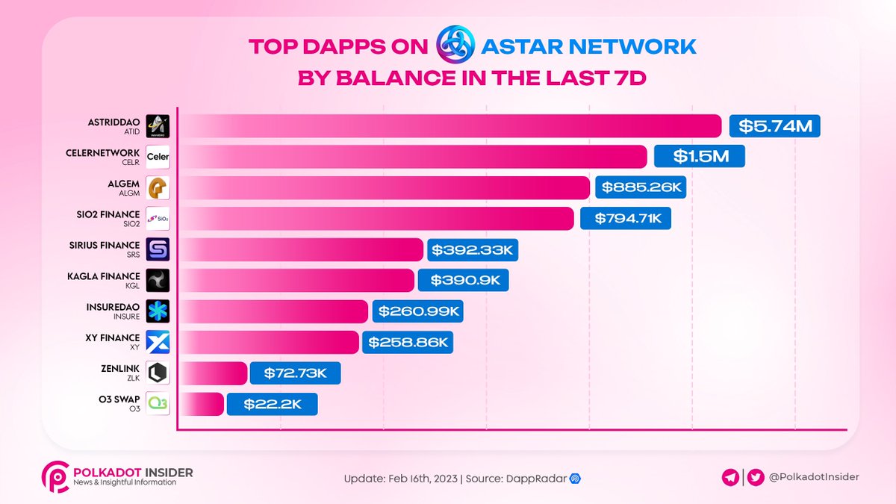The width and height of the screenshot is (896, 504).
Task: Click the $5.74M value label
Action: [x=774, y=126]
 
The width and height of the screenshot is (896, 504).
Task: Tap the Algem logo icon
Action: [x=158, y=187]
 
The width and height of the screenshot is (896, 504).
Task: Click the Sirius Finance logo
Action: [x=158, y=249]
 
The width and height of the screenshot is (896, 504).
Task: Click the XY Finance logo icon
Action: [x=158, y=342]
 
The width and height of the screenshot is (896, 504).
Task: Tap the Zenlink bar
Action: [x=213, y=373]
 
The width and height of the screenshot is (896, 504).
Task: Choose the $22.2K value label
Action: [x=272, y=404]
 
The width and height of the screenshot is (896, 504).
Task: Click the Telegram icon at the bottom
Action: [x=732, y=476]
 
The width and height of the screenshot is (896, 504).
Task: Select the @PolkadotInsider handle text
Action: [x=815, y=476]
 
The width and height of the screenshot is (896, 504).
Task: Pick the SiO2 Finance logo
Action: [x=158, y=218]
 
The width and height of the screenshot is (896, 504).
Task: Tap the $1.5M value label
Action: [x=699, y=157]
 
